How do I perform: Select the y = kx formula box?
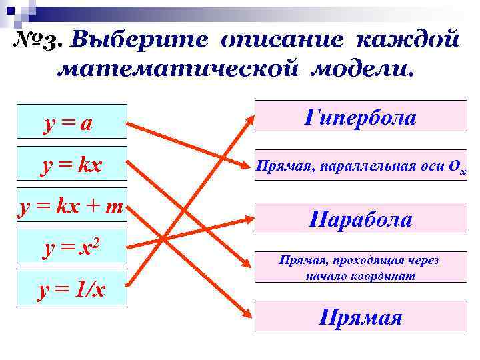pyautogui.click(x=72, y=163)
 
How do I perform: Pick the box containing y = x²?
pyautogui.click(x=72, y=248)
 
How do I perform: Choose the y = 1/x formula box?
pyautogui.click(x=72, y=290)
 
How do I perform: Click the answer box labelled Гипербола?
pyautogui.click(x=361, y=118)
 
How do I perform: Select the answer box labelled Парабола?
pyautogui.click(x=361, y=219)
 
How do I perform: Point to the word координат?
pyautogui.click(x=387, y=275)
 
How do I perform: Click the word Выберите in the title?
pyautogui.click(x=139, y=39)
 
